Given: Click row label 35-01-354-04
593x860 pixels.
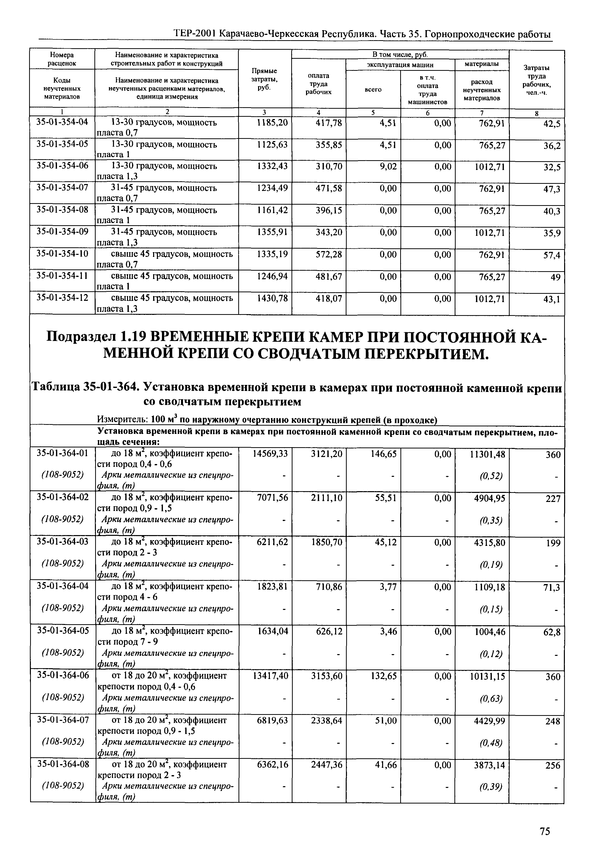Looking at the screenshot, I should click(63, 123).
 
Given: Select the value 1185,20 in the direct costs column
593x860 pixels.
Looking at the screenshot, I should click(272, 123).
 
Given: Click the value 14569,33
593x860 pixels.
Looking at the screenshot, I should click(270, 454).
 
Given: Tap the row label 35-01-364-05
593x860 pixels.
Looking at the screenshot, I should click(63, 632).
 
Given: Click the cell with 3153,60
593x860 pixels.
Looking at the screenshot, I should click(327, 676).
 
